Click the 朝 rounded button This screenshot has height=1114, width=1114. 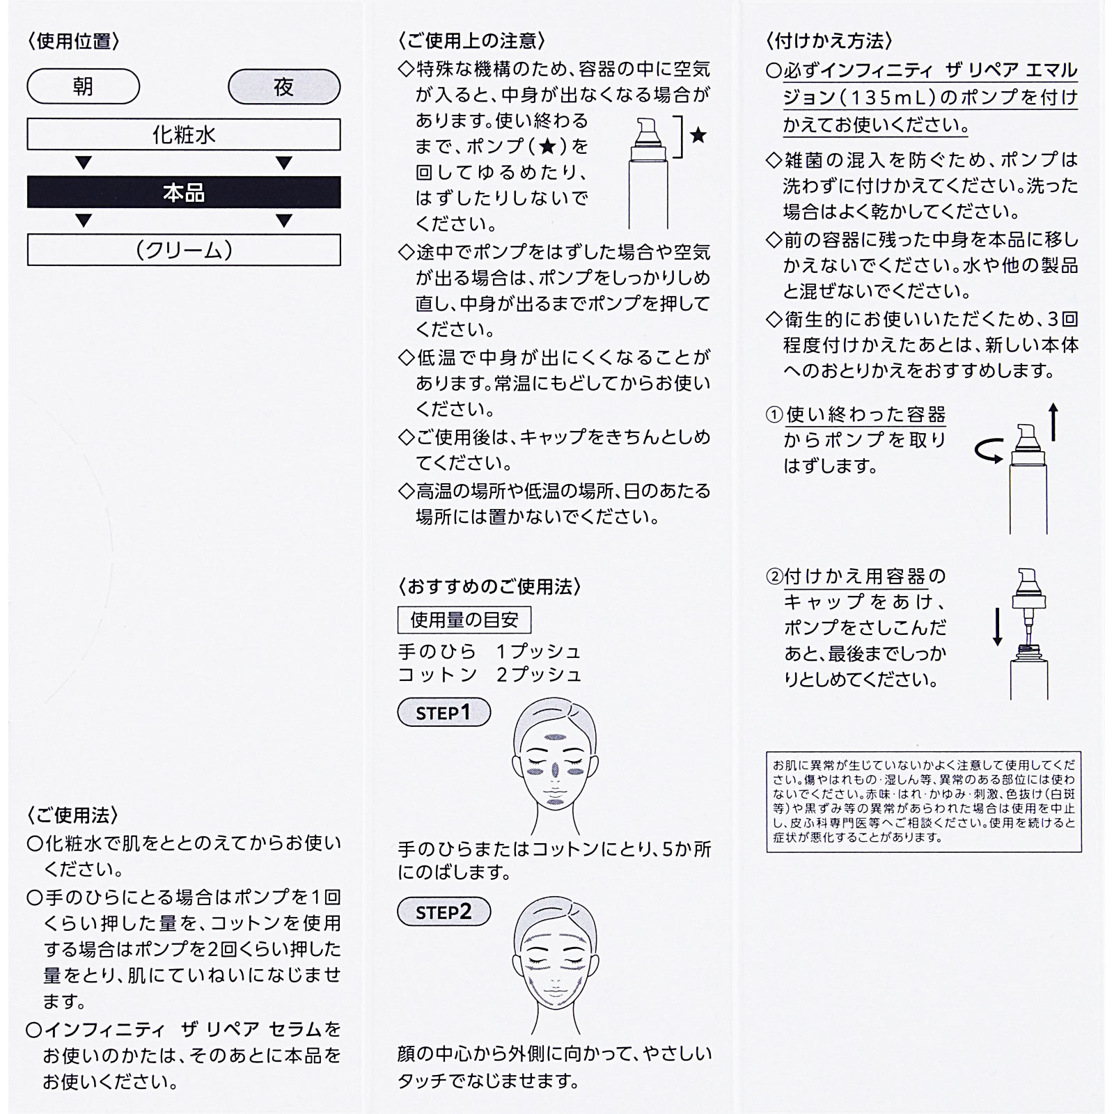click(x=83, y=86)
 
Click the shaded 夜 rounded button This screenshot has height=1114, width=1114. click(x=284, y=87)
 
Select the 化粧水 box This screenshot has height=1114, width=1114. click(x=184, y=134)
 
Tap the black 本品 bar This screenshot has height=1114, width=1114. click(x=184, y=193)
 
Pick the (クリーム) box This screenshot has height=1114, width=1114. click(x=184, y=250)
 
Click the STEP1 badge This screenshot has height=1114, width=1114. click(x=444, y=712)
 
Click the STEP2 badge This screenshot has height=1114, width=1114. click(x=444, y=911)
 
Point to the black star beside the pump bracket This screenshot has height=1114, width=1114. click(x=698, y=135)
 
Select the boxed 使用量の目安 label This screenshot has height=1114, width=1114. click(x=464, y=620)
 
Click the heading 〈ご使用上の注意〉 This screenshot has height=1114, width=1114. click(x=471, y=41)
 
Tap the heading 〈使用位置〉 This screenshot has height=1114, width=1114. click(x=74, y=41)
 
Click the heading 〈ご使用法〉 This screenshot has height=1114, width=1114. click(x=74, y=815)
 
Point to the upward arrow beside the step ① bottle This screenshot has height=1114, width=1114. click(x=1053, y=422)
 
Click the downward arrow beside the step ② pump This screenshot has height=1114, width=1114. click(x=997, y=627)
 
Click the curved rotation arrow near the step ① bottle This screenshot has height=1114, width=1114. click(x=989, y=453)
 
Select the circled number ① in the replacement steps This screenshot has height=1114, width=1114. click(x=774, y=415)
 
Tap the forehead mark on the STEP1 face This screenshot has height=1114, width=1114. click(x=555, y=737)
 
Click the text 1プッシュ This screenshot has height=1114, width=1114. click(x=538, y=652)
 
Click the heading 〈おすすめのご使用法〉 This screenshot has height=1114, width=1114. click(x=489, y=587)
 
